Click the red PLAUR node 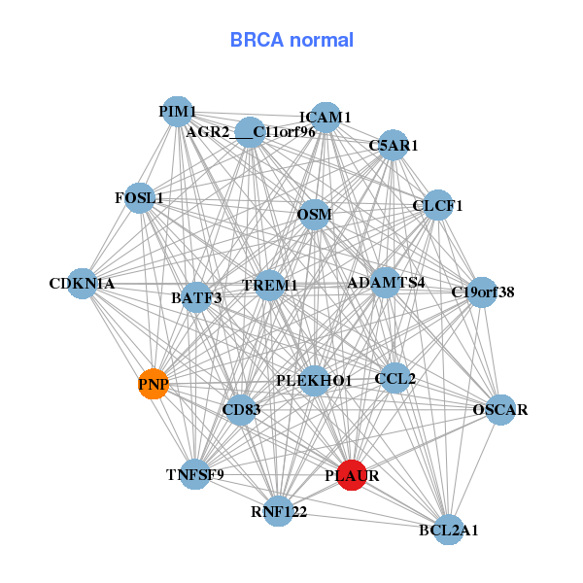[x=351, y=475]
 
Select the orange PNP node [x=154, y=385]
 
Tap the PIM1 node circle [x=177, y=112]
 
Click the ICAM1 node [x=326, y=117]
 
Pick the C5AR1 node [x=393, y=146]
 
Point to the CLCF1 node [x=438, y=205]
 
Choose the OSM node [x=315, y=214]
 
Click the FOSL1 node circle [x=140, y=198]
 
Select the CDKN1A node [x=84, y=284]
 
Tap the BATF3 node [x=197, y=297]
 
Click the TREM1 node [x=269, y=285]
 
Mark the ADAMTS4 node [x=386, y=283]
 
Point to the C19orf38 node [x=483, y=291]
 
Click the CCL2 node [x=394, y=377]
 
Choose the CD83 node [x=241, y=410]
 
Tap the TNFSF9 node [x=195, y=474]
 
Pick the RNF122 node [x=279, y=510]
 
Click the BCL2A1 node [x=448, y=530]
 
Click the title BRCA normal [x=291, y=40]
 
